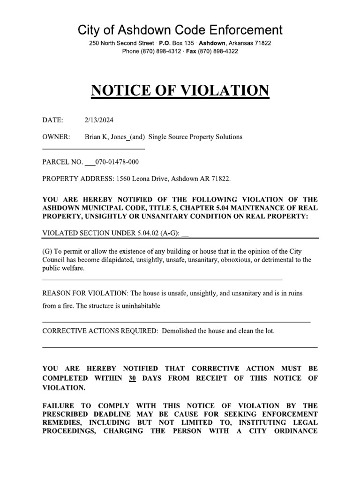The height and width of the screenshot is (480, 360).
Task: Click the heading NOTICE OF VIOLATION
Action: click(x=180, y=90)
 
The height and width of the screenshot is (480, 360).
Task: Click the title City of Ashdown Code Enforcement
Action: click(x=180, y=30)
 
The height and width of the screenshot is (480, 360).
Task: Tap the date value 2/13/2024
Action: click(x=99, y=120)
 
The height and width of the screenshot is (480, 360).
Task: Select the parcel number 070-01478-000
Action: click(x=117, y=162)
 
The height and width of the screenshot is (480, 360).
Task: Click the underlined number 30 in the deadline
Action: click(x=132, y=378)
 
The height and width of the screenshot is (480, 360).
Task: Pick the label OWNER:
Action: click(x=56, y=137)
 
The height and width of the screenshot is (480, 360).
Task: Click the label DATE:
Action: click(x=52, y=120)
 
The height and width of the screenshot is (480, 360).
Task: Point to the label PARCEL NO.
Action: click(x=62, y=162)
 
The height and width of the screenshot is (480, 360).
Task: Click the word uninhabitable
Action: click(x=139, y=306)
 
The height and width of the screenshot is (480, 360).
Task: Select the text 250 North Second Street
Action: click(x=119, y=43)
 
